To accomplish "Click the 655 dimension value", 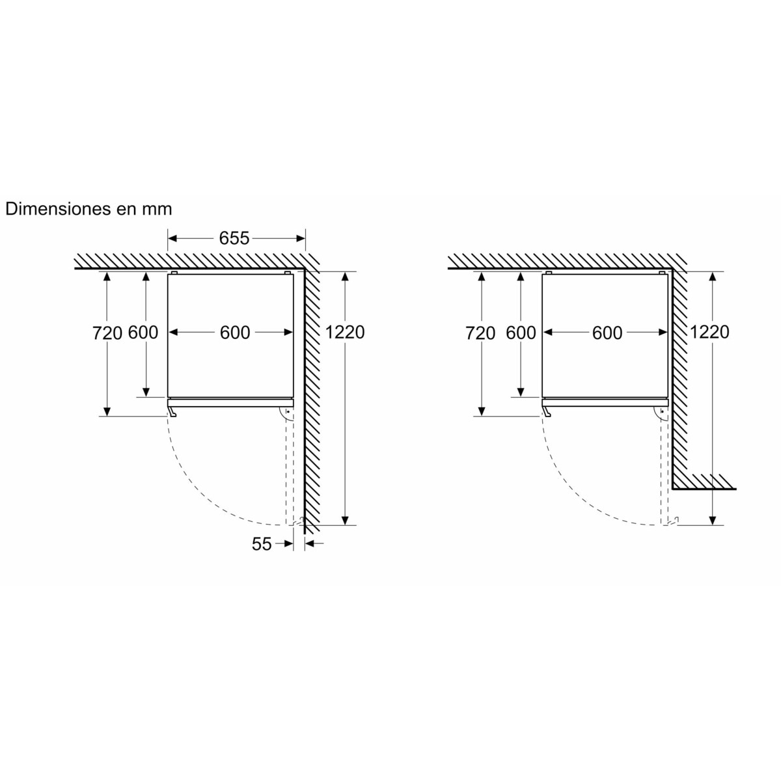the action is [x=234, y=238].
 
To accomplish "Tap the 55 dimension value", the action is [x=262, y=544].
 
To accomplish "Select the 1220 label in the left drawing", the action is [x=345, y=332].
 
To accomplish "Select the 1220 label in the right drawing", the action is [x=709, y=332].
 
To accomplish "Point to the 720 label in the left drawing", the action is [x=107, y=333].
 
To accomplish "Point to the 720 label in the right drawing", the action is [x=480, y=333].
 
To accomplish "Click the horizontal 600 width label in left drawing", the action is [x=235, y=333].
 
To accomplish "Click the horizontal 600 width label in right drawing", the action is [x=607, y=333].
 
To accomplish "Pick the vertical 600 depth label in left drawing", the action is [x=143, y=333].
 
